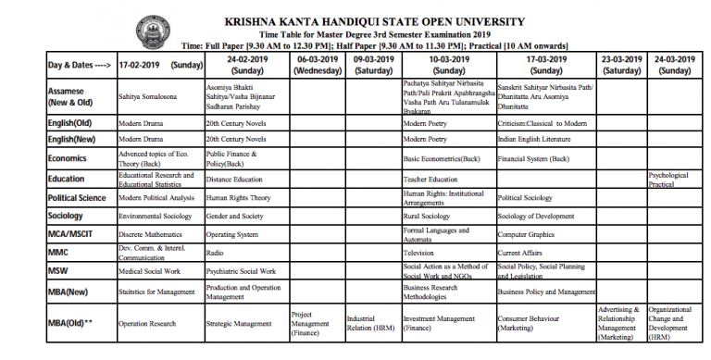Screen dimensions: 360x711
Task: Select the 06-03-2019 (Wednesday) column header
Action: (317, 65)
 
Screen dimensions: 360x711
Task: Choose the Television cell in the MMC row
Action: (419, 253)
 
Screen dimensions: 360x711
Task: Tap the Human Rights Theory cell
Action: (239, 197)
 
